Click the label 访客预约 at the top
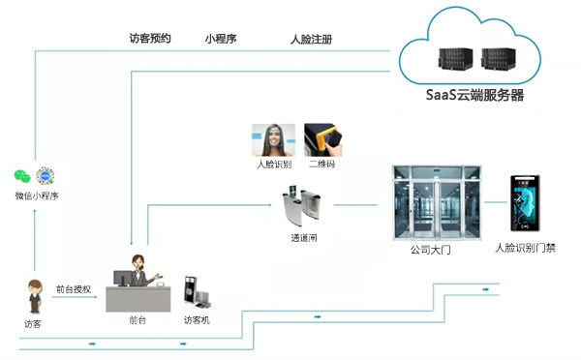[150, 40]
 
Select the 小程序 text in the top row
[221, 40]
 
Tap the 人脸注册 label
[313, 41]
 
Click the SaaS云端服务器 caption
[474, 96]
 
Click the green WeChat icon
[21, 176]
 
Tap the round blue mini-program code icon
[44, 176]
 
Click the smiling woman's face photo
[272, 139]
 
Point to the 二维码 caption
[321, 165]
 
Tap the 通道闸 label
[305, 237]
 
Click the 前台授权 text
[74, 288]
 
